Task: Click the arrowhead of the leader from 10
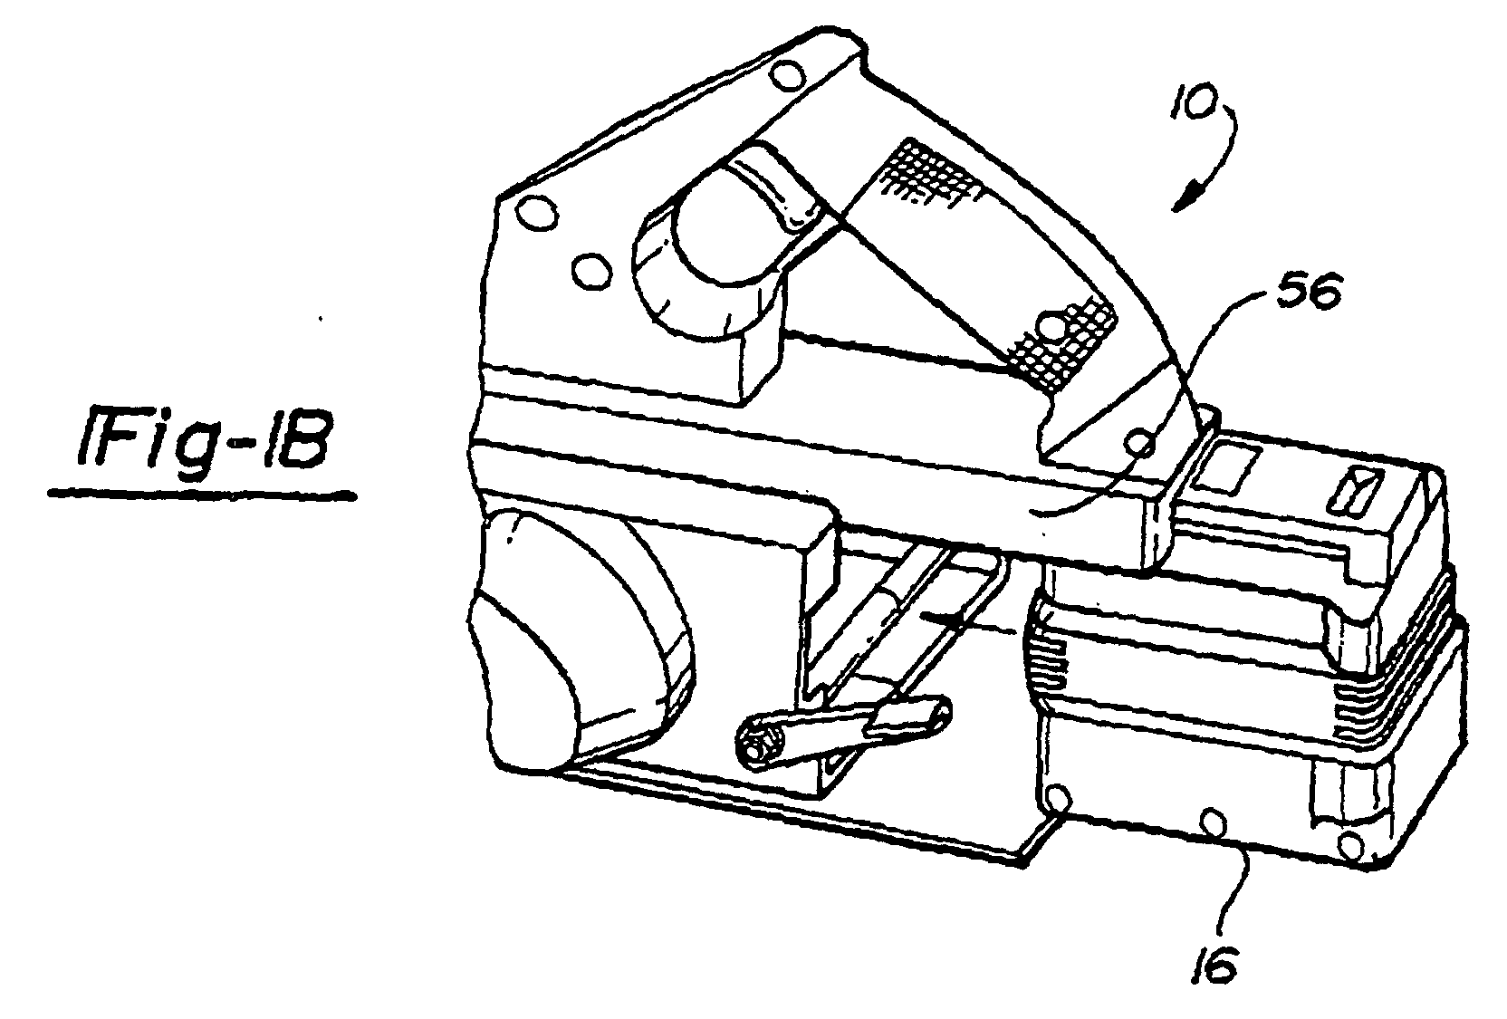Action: pyautogui.click(x=1186, y=197)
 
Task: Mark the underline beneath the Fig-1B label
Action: pyautogui.click(x=202, y=495)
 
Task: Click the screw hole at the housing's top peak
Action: pyautogui.click(x=784, y=76)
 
